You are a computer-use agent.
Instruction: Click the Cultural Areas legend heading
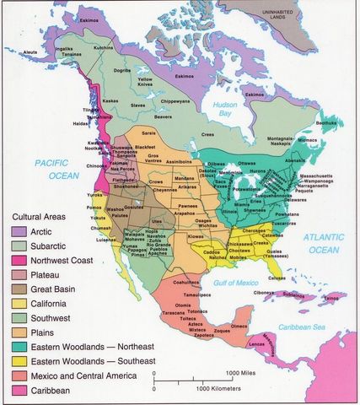(38, 216)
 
